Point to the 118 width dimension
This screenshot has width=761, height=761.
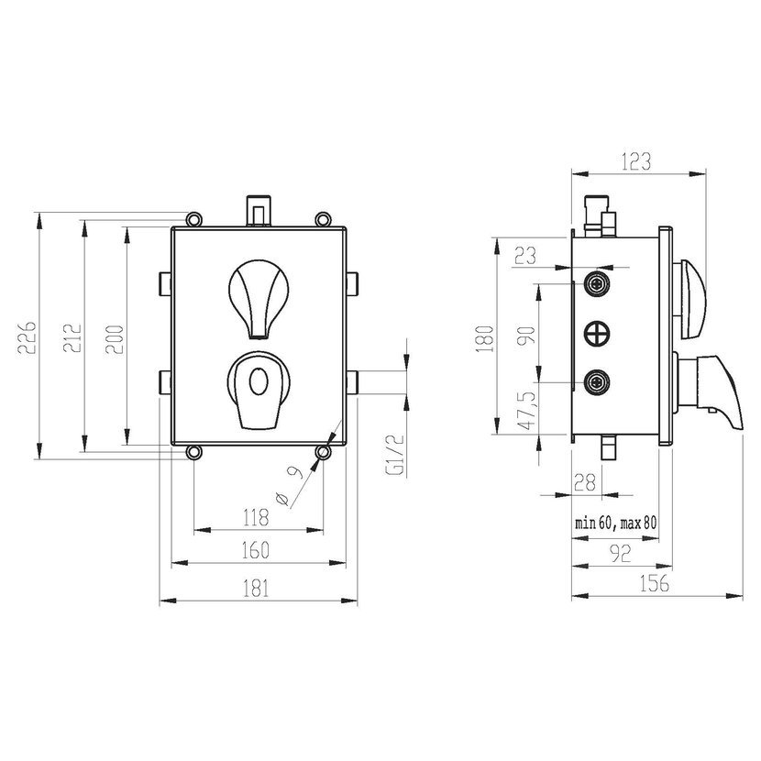point(256,517)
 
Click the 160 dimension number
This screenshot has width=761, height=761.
point(255,550)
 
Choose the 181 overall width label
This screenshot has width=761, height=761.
point(255,589)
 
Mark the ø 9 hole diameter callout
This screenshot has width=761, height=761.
point(291,485)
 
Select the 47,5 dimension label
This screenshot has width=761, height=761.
point(527,411)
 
